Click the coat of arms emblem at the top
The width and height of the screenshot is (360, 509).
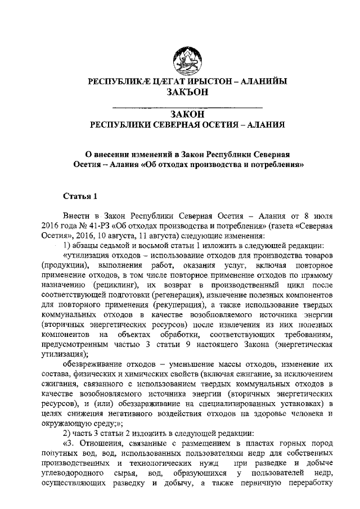(188, 58)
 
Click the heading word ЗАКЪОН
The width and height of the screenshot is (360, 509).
(188, 92)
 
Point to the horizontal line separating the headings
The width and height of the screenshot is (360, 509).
(188, 106)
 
